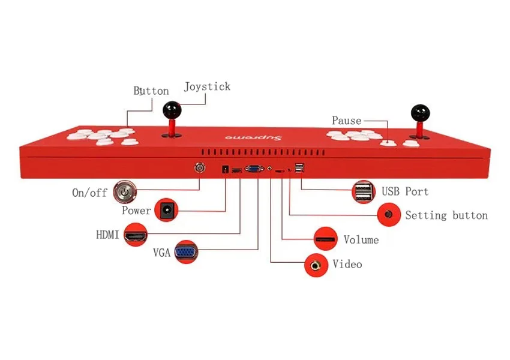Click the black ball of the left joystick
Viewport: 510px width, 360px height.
click(x=172, y=110)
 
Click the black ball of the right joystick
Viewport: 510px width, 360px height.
click(x=420, y=113)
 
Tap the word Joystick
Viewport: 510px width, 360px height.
click(x=207, y=87)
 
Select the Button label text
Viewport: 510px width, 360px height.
click(x=151, y=91)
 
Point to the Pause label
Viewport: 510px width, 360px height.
click(x=347, y=121)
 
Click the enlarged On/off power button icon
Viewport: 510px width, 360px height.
click(x=125, y=192)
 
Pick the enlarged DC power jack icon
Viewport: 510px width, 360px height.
click(x=166, y=210)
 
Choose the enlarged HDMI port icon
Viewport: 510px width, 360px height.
click(x=136, y=235)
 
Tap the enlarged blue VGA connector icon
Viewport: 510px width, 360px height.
click(x=186, y=252)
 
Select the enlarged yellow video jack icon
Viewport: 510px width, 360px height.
click(x=316, y=265)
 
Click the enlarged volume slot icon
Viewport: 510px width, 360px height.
click(x=326, y=239)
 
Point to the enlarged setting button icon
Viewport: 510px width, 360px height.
click(x=389, y=214)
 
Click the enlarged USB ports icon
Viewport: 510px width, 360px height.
click(x=364, y=192)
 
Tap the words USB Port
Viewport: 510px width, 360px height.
click(x=405, y=191)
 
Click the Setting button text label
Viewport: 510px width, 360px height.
click(x=446, y=215)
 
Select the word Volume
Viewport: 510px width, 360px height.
click(x=361, y=240)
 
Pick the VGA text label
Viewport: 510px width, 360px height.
click(x=161, y=253)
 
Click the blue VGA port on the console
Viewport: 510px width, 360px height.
click(x=254, y=169)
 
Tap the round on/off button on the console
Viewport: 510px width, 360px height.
click(x=199, y=168)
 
